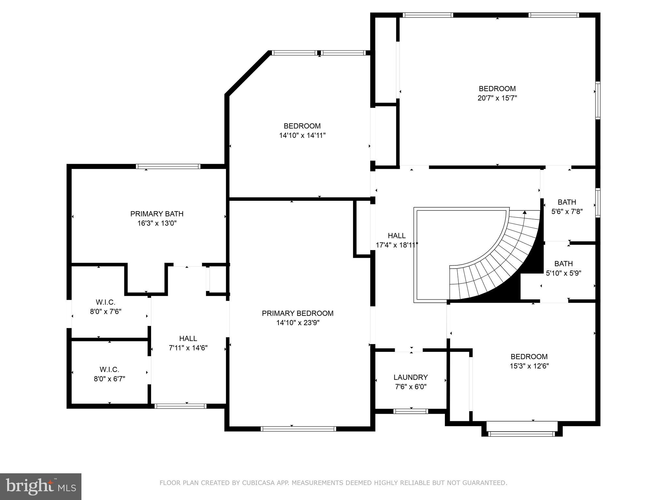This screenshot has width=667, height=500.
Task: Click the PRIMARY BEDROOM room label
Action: click(298, 313)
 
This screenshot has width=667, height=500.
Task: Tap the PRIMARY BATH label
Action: click(157, 214)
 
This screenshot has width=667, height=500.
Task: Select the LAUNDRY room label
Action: click(410, 377)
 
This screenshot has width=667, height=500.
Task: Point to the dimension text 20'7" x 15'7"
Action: click(497, 98)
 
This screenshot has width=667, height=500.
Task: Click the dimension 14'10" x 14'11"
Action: click(302, 135)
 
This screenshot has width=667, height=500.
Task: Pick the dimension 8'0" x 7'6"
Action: click(106, 312)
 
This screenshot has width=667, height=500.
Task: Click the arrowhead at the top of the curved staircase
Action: click(524, 212)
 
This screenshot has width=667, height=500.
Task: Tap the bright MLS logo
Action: click(41, 487)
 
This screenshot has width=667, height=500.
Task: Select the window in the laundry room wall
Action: click(410, 411)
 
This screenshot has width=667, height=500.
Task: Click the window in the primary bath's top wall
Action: click(168, 166)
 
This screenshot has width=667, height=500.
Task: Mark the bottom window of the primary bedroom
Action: click(298, 429)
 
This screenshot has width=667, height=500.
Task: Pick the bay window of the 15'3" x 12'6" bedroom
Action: click(521, 434)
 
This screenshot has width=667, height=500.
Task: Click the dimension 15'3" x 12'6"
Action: click(529, 366)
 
